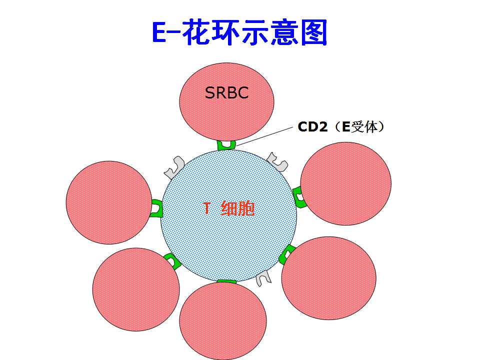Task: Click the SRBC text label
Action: tap(226, 93)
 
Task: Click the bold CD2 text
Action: tap(312, 126)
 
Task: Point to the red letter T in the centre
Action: tap(207, 208)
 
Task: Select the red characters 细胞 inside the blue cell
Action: tap(237, 208)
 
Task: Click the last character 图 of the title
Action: tap(314, 32)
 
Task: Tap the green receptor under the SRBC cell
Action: tap(226, 145)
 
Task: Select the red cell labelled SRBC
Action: tap(226, 102)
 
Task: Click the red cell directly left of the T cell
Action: tap(109, 202)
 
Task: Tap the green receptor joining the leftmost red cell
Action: tap(156, 208)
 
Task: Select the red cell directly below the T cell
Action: tap(223, 320)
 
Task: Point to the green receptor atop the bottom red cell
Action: tap(226, 281)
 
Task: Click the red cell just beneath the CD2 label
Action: tap(345, 183)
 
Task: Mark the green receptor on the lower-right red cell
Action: tap(287, 254)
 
